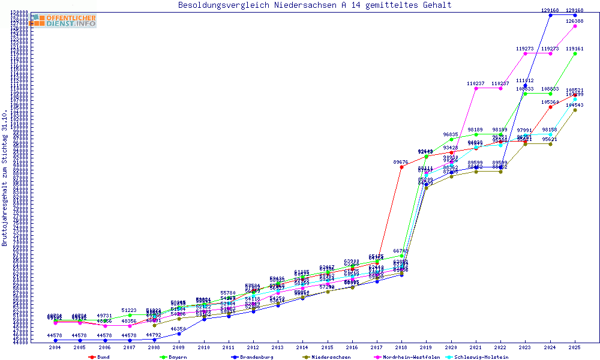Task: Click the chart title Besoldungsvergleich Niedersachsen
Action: (314, 5)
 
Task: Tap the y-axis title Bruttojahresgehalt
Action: (5, 178)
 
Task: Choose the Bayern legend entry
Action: (173, 357)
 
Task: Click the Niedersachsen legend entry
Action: (326, 357)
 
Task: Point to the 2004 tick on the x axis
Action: (55, 347)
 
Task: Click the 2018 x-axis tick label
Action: (401, 347)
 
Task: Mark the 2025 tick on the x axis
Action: (575, 347)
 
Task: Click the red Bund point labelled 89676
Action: (401, 167)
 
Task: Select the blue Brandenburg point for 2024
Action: (550, 15)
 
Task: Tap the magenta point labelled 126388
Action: (575, 26)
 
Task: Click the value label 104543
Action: (575, 105)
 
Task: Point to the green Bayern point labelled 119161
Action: (575, 54)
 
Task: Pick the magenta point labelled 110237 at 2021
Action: (476, 88)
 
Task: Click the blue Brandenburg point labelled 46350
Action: (179, 334)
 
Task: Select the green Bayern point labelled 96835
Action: (451, 139)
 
